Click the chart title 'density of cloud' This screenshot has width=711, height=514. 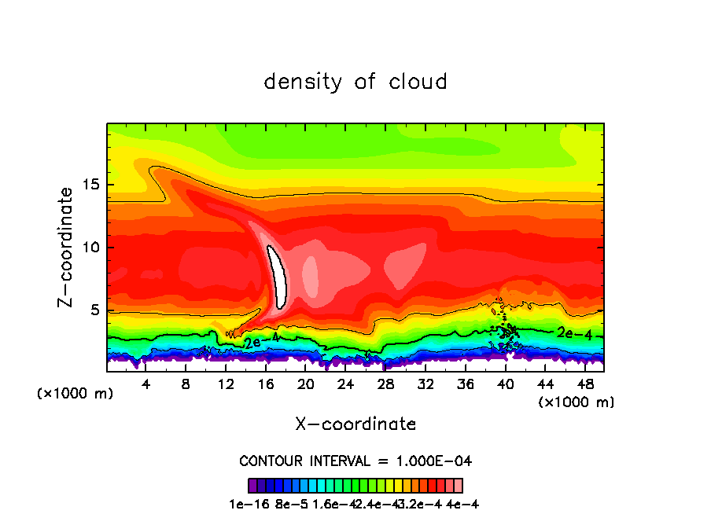pyautogui.click(x=355, y=82)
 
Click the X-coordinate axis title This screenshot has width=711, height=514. pyautogui.click(x=355, y=424)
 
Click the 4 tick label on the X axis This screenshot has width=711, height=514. pyautogui.click(x=146, y=385)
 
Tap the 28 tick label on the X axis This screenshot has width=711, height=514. pyautogui.click(x=385, y=385)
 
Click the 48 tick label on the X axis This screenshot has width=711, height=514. pyautogui.click(x=584, y=385)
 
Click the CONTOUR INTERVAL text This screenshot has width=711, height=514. pyautogui.click(x=355, y=461)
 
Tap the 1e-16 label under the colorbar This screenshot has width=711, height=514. pyautogui.click(x=245, y=504)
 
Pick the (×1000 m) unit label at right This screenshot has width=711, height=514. pyautogui.click(x=576, y=402)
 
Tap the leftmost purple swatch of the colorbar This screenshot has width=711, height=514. pyautogui.click(x=252, y=486)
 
